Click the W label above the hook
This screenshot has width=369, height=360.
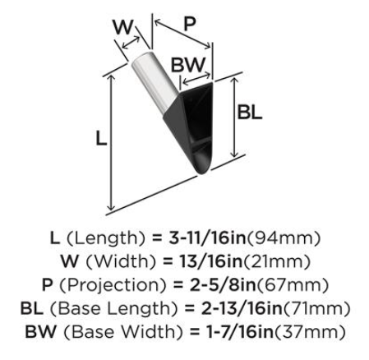coord(123,27)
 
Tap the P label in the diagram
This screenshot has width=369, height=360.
coord(190,24)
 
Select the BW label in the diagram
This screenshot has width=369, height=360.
coord(188,65)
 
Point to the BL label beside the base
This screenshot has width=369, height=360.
coord(249,113)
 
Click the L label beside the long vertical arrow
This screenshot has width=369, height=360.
coord(101,138)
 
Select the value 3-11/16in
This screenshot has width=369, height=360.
coord(207,238)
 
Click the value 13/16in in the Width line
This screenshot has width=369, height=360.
coord(210,261)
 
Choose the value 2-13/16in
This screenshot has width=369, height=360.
coord(242,308)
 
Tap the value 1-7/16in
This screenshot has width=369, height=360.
coord(239,332)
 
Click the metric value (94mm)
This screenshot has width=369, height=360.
coord(284,238)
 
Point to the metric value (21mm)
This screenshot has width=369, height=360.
coord(277,261)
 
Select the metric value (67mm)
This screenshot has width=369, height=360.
coord(292,285)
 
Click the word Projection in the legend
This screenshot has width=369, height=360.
coord(113,285)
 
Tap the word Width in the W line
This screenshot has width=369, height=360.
coord(121,261)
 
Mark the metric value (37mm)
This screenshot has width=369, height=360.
coord(309,332)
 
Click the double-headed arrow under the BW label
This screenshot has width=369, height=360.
coord(196,77)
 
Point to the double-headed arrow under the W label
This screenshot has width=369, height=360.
coord(131,43)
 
